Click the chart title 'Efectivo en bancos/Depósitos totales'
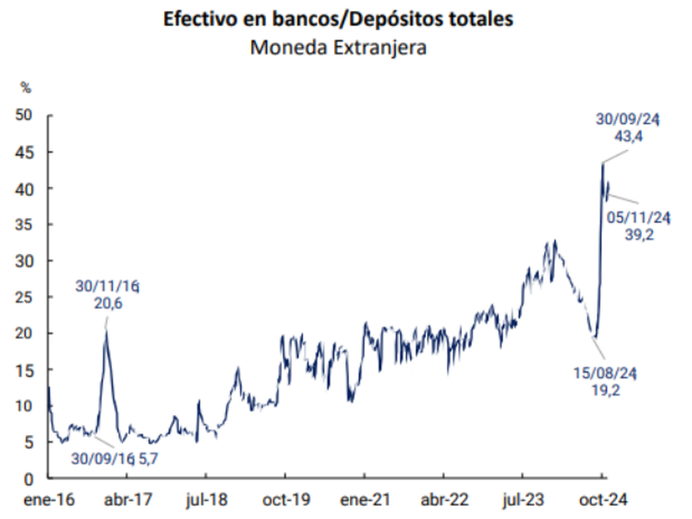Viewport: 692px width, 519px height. pos(338,18)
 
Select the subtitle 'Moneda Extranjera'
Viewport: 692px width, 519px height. pos(338,47)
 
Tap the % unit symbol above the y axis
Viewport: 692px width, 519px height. pos(26,88)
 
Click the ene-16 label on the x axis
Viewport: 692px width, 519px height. pos(49,500)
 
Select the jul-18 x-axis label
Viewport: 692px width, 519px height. pos(206,500)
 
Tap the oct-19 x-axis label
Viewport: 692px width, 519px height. pos(285,500)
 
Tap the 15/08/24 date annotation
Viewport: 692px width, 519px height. pos(605,374)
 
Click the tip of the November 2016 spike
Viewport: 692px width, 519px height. pos(106,330)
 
